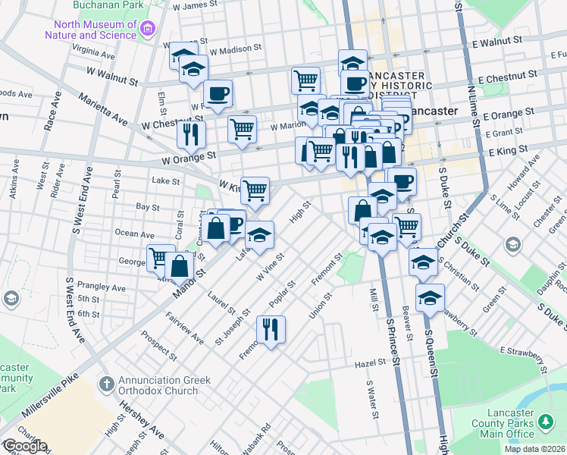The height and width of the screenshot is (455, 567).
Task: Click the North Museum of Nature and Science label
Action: pyautogui.click(x=90, y=29)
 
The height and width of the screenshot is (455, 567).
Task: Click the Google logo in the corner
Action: pyautogui.click(x=24, y=446)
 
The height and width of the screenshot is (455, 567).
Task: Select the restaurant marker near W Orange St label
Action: pyautogui.click(x=191, y=134)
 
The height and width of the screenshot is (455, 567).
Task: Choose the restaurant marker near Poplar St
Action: pyautogui.click(x=271, y=329)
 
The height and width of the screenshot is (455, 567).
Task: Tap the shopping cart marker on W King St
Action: pyautogui.click(x=255, y=190)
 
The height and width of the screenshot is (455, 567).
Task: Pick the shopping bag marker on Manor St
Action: pyautogui.click(x=180, y=266)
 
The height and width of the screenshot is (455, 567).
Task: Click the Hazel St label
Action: pyautogui.click(x=371, y=364)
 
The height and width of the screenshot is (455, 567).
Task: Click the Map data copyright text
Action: pyautogui.click(x=535, y=449)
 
